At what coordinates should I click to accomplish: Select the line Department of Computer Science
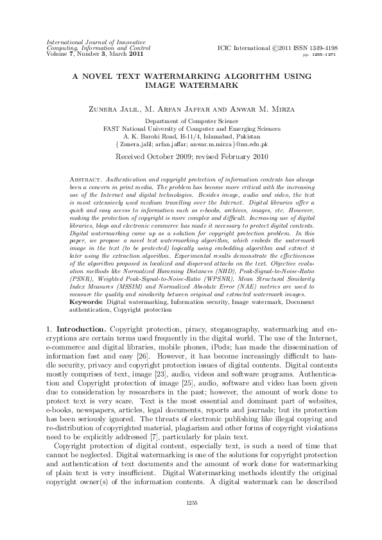point(191,121)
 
